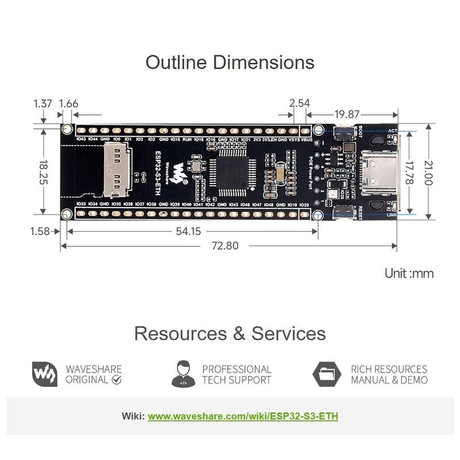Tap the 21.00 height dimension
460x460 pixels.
coord(443,171)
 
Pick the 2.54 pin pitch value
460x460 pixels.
coord(300,104)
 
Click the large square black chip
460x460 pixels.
coord(231,172)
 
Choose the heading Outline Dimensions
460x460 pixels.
coord(230,62)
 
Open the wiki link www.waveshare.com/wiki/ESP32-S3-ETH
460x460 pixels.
coord(243,416)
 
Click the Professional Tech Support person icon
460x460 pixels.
coord(182,374)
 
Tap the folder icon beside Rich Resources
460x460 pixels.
coord(327,374)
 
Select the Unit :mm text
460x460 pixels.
coord(409,273)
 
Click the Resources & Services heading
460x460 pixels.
coord(230,333)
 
